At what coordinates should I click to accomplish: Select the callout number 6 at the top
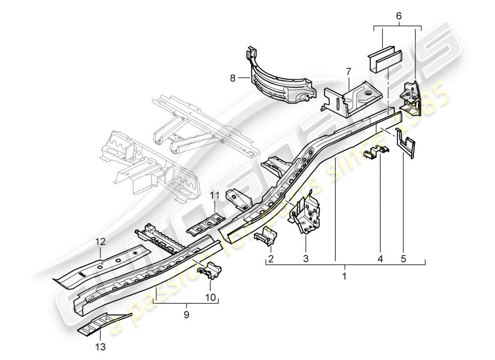399,15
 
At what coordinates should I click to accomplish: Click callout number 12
99,242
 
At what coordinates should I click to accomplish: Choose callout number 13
100,346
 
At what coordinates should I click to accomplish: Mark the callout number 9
186,315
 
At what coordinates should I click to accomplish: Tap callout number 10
211,297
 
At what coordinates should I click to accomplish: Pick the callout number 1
345,275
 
